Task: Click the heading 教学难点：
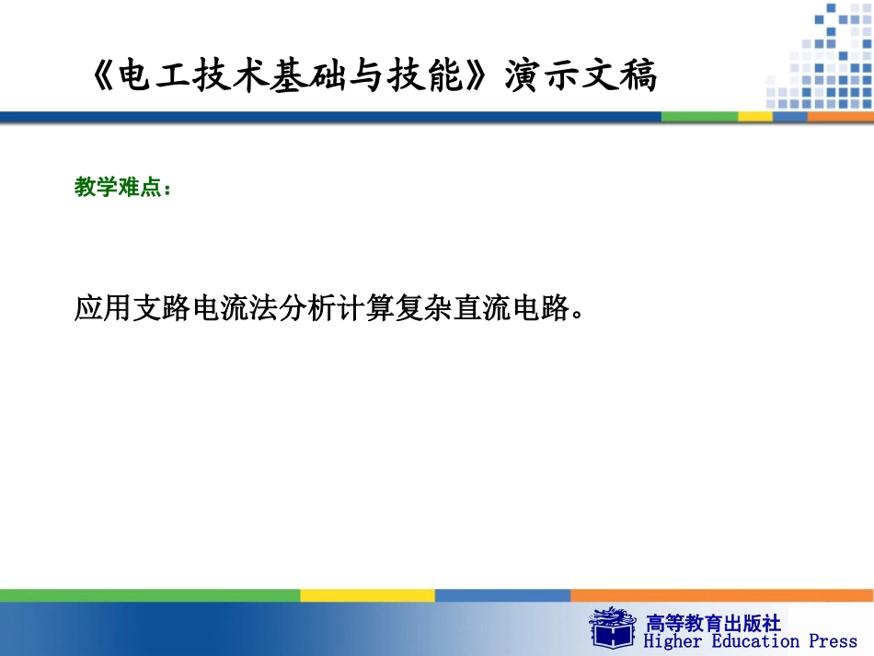[121, 188]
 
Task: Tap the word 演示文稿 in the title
[581, 77]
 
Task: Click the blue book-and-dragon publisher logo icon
[612, 627]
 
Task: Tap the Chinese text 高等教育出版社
[714, 623]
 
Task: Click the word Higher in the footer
[672, 641]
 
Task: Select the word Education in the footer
[753, 641]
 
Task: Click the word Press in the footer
[833, 641]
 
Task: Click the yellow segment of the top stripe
[755, 117]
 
